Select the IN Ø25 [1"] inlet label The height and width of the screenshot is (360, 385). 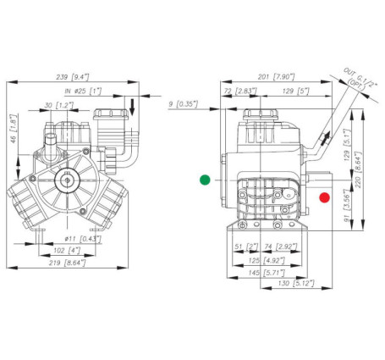click(81, 90)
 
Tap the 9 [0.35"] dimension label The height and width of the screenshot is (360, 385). click(183, 103)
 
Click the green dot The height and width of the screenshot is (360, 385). click(203, 179)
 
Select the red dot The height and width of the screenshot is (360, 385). click(324, 198)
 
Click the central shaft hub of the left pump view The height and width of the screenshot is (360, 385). click(68, 180)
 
